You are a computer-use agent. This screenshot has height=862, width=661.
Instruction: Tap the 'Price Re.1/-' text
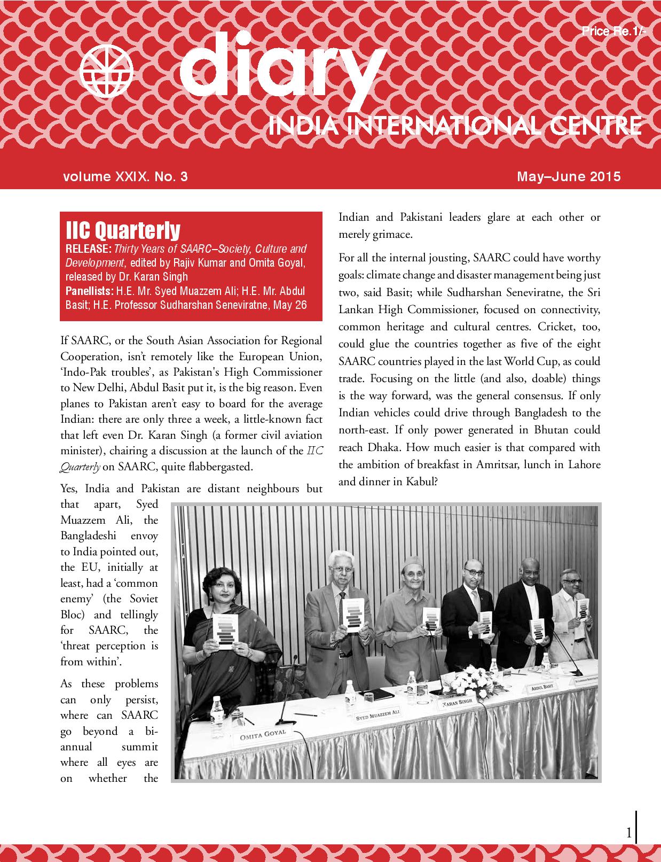pyautogui.click(x=614, y=32)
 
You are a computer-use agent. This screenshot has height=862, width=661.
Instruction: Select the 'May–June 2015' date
pyautogui.click(x=569, y=176)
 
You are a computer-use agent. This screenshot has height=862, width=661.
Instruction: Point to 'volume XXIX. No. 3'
pyautogui.click(x=125, y=176)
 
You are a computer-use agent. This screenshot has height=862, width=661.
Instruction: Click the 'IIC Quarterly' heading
pyautogui.click(x=123, y=230)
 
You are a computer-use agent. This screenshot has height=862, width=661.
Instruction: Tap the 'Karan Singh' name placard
pyautogui.click(x=458, y=701)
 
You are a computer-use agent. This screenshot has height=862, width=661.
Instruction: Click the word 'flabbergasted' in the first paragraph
pyautogui.click(x=220, y=467)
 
